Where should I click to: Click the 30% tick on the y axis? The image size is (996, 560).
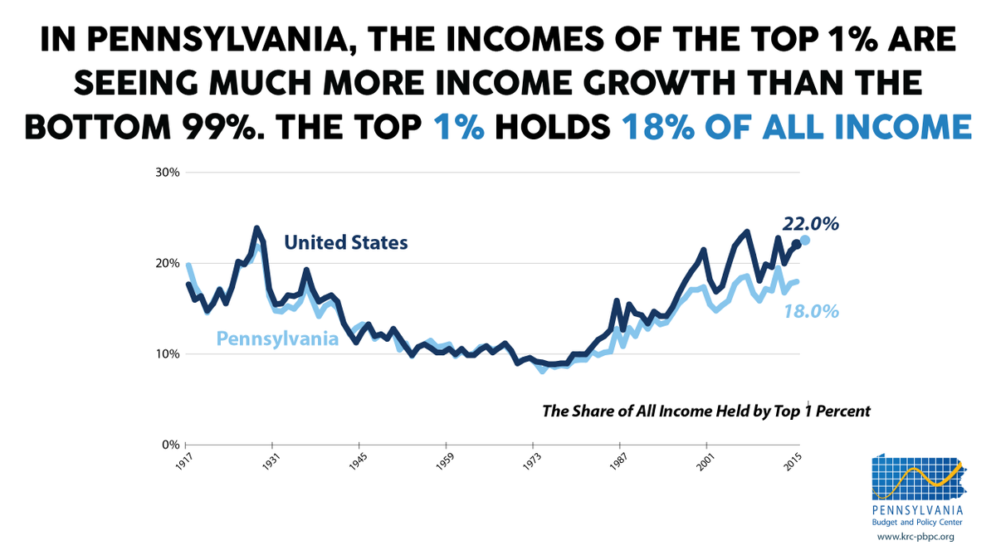pos(168,173)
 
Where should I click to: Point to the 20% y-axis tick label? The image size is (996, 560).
pos(168,263)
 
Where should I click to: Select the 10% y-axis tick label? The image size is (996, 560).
pos(168,354)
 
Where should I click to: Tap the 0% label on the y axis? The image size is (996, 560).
pos(171,445)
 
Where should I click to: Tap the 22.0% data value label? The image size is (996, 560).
pos(810,223)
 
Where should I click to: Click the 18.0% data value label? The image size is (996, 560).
pos(810,311)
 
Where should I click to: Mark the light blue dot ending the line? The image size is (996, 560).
pos(804,241)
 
